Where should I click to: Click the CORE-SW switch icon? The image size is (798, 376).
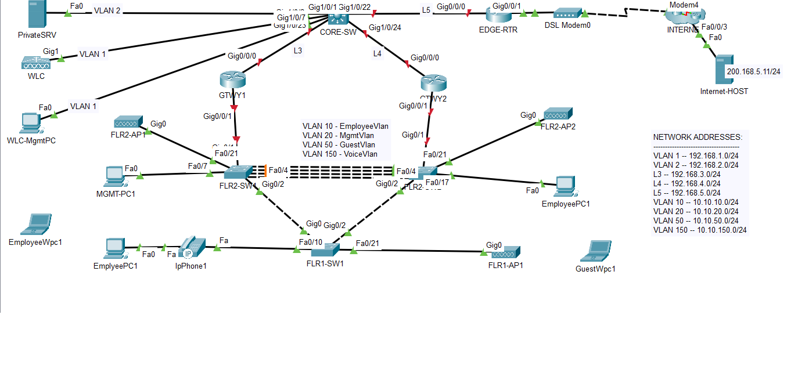click(x=337, y=18)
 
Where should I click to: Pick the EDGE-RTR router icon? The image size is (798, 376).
click(x=495, y=13)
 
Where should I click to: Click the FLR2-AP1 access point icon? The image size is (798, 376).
click(x=128, y=122)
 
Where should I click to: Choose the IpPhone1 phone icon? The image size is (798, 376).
click(x=189, y=248)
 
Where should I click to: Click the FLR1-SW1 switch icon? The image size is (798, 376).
click(x=325, y=250)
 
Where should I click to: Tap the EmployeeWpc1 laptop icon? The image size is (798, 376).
click(x=37, y=224)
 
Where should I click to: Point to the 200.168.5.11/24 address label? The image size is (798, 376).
click(x=753, y=72)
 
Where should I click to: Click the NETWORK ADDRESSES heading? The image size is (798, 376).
click(x=698, y=138)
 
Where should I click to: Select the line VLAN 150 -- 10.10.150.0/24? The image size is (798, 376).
click(x=700, y=230)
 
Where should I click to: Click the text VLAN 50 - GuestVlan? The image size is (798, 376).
click(x=339, y=145)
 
